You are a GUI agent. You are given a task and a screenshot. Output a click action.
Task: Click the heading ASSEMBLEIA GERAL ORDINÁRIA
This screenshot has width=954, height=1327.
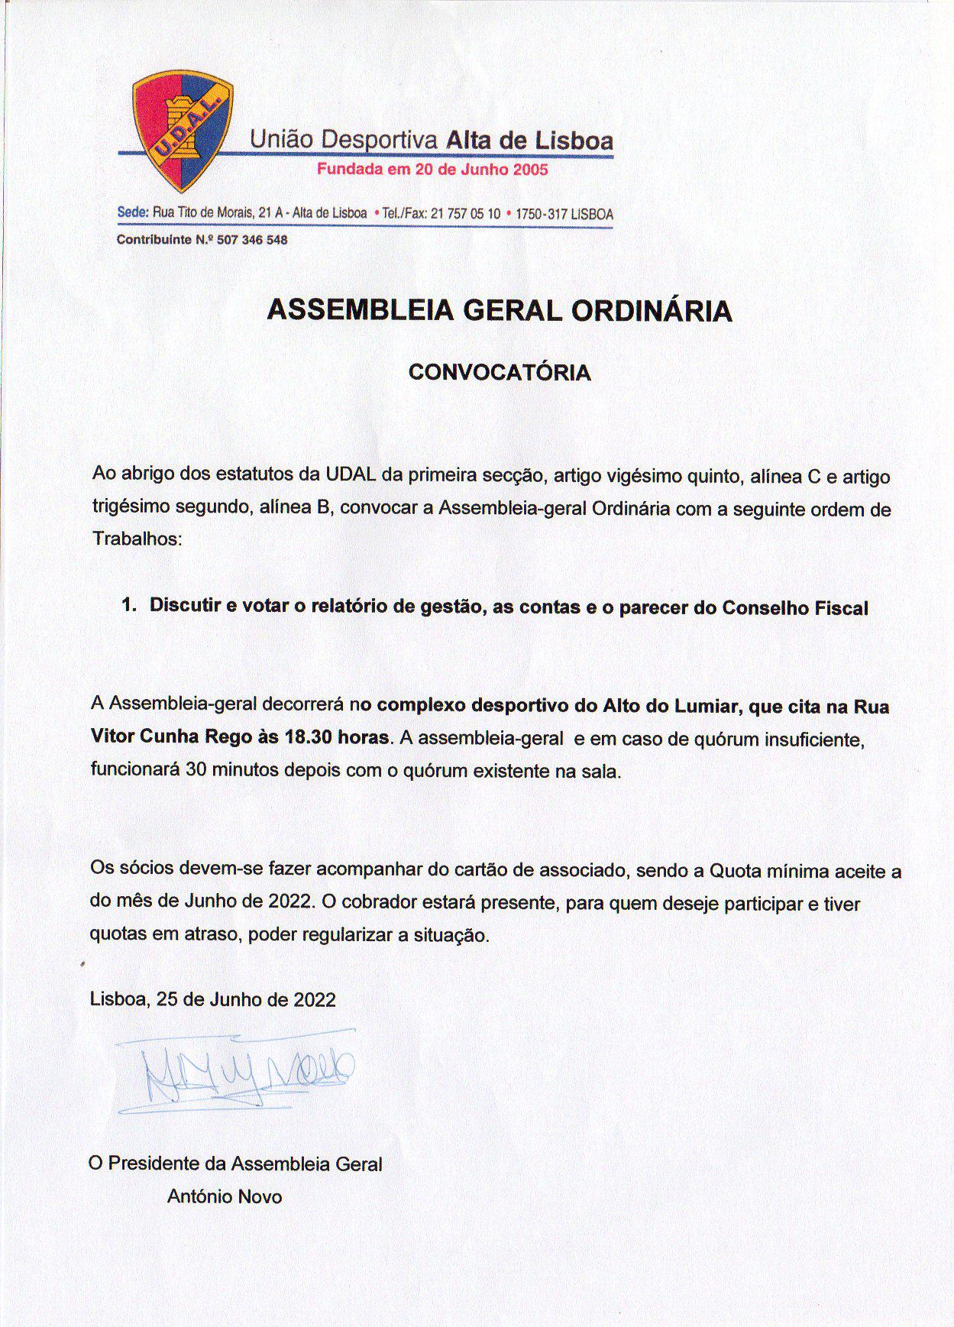coord(500,311)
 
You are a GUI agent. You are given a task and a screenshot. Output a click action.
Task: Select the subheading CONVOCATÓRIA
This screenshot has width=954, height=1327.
coord(500,373)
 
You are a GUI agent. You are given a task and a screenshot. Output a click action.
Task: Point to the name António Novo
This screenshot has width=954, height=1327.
coord(225,1196)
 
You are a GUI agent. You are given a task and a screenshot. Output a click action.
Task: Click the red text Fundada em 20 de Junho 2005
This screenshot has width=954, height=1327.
coord(432,170)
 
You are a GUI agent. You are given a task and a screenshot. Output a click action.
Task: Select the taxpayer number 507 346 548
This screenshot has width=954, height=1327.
coord(252,240)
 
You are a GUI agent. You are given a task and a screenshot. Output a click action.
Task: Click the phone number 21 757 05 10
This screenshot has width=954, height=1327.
coord(465,214)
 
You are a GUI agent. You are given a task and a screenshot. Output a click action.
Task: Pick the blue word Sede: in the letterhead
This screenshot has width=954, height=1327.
coord(133,212)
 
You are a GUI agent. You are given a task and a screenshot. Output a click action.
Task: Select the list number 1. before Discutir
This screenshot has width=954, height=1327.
coord(129,606)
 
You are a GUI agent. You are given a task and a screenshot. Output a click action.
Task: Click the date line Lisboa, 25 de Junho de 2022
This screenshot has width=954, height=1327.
coord(213,999)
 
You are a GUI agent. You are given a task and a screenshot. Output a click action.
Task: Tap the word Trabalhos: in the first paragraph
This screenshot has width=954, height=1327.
coord(137,539)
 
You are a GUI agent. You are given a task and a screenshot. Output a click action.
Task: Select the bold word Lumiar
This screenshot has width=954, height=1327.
coord(707,706)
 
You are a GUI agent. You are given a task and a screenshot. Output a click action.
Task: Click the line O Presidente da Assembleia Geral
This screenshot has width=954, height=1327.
coord(235,1164)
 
